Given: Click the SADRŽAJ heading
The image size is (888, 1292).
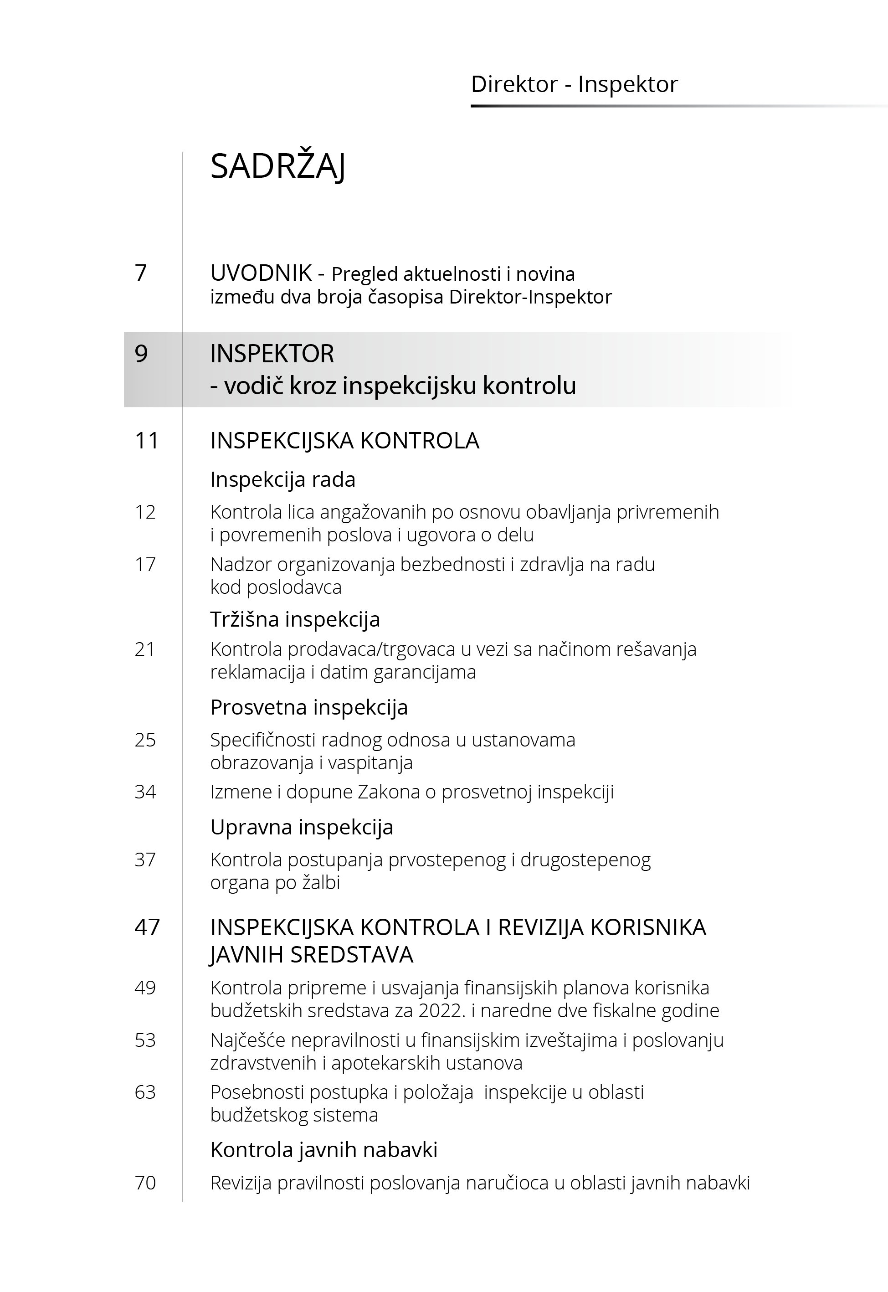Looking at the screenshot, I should [x=277, y=166].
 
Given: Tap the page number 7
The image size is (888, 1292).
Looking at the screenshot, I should [x=141, y=273].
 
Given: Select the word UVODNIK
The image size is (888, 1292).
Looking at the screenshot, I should [x=261, y=273].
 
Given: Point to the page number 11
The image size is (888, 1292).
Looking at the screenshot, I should [x=147, y=441].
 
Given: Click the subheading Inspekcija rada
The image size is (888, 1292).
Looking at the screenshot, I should [x=282, y=479].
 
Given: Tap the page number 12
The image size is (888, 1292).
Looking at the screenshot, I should [x=145, y=512].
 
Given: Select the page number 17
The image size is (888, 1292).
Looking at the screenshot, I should [x=145, y=565].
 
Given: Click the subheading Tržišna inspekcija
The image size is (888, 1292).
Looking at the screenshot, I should [x=295, y=619].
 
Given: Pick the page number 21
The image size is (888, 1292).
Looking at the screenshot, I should [x=145, y=649].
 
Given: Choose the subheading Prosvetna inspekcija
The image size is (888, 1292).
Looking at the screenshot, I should [x=309, y=708].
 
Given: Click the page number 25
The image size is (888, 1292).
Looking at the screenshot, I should [x=145, y=740].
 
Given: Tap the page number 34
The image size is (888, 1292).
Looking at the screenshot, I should [x=145, y=792].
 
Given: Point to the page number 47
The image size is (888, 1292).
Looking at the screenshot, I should [x=147, y=927].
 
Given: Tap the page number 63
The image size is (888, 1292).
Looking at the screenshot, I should [x=145, y=1092].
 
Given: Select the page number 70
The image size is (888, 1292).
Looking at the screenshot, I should [x=145, y=1182].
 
